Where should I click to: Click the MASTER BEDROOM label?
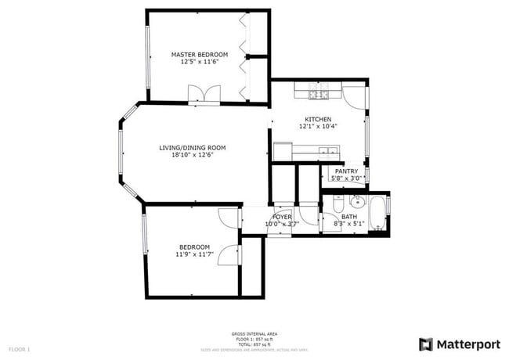(200, 55)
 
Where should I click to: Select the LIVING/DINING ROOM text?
(193, 147)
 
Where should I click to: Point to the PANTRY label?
(346, 171)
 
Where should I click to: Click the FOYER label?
(282, 217)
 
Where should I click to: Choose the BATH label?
(348, 217)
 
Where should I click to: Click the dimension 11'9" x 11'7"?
(195, 254)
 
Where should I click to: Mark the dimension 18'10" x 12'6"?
(193, 155)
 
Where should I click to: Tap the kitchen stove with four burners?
(317, 95)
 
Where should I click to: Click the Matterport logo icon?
(426, 344)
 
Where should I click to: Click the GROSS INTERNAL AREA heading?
(254, 333)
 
